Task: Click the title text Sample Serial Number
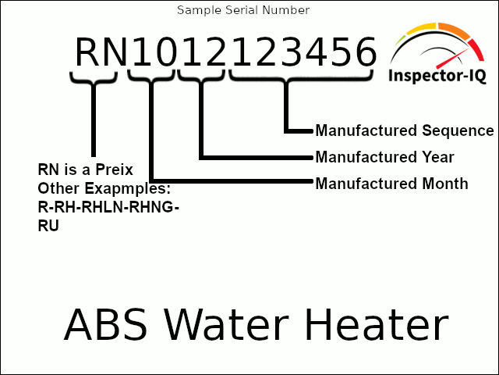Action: pos(243,10)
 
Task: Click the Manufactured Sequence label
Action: pos(404,130)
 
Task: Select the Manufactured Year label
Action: pos(384,157)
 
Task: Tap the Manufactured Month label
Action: pos(391,184)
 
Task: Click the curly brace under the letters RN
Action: pos(94,77)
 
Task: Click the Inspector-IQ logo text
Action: pos(437,76)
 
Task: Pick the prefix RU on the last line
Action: pos(48,227)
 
